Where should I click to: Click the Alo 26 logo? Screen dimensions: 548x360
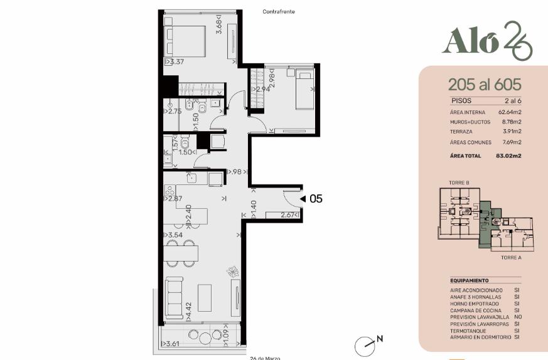coord(487,41)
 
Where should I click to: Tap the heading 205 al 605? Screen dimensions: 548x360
coord(485,85)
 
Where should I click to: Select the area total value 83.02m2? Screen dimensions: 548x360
coord(508,156)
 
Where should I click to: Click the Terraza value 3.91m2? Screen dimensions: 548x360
coord(512,131)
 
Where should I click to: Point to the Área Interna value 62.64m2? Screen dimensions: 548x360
coord(510,112)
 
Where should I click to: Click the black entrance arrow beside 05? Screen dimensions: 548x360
coord(303,199)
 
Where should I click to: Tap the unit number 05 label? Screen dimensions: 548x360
coord(316,199)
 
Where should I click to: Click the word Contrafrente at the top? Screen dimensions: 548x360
coord(279,11)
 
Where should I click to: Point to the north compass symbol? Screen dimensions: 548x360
coord(365,346)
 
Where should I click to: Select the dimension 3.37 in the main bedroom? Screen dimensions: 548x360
coord(175,62)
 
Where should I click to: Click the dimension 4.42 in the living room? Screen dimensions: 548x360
coord(188,311)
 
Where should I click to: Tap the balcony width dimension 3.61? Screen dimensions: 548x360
coord(171,344)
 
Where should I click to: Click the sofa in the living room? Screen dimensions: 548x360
coord(174,297)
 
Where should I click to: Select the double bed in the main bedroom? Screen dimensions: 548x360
coord(185,41)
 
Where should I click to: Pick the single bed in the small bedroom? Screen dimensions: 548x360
coord(305,89)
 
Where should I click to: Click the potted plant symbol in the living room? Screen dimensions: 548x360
coord(232,272)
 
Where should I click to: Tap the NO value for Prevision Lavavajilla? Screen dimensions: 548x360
coord(518,317)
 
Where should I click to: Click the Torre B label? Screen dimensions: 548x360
coord(459,183)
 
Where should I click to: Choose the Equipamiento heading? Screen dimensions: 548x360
coord(470,280)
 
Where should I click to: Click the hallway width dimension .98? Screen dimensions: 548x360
coord(237,172)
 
